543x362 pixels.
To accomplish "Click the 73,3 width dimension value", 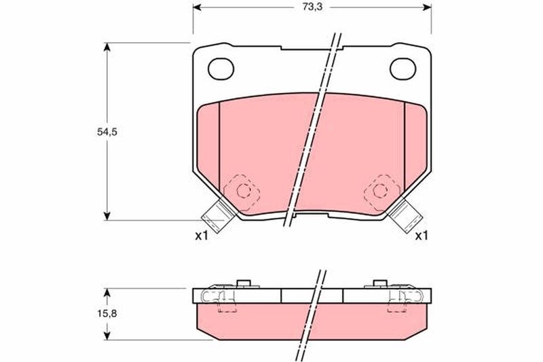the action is pyautogui.click(x=312, y=7).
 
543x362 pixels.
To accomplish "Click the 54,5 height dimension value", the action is pyautogui.click(x=107, y=132).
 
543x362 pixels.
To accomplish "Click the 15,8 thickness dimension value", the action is pyautogui.click(x=107, y=314).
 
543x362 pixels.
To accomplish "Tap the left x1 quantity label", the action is pyautogui.click(x=201, y=236).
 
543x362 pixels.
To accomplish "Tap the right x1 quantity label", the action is pyautogui.click(x=422, y=236).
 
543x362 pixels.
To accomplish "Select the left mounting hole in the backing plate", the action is pyautogui.click(x=221, y=69).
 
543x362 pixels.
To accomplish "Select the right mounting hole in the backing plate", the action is pyautogui.click(x=402, y=69).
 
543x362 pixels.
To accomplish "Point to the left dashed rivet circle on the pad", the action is pyautogui.click(x=244, y=191).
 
